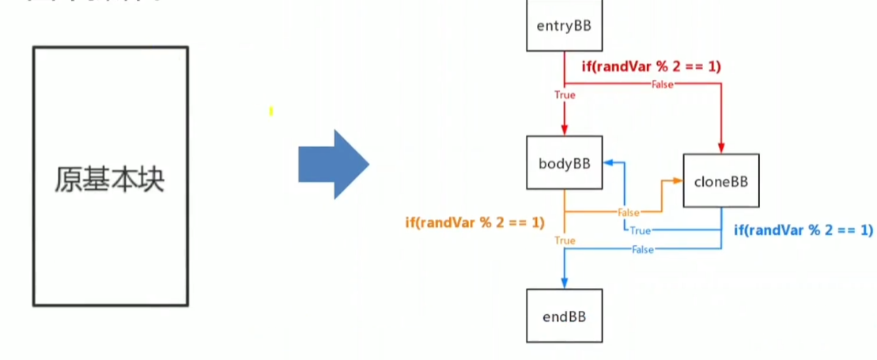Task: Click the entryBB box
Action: pyautogui.click(x=564, y=25)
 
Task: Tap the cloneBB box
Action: pyautogui.click(x=720, y=181)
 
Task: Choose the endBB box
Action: pyautogui.click(x=564, y=315)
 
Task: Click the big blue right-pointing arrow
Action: pyautogui.click(x=333, y=164)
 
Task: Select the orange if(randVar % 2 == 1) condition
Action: pyautogui.click(x=474, y=222)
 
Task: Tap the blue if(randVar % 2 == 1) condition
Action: pyautogui.click(x=803, y=230)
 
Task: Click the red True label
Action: pyautogui.click(x=565, y=95)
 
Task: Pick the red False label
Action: pyautogui.click(x=661, y=83)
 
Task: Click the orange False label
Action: pyautogui.click(x=629, y=212)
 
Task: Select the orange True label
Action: pyautogui.click(x=565, y=240)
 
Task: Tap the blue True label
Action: pyautogui.click(x=640, y=230)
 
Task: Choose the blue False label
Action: pyautogui.click(x=643, y=249)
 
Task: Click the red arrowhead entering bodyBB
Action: pyautogui.click(x=565, y=131)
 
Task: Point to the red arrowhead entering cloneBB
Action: pyautogui.click(x=721, y=148)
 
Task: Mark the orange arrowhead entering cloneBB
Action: pyautogui.click(x=677, y=181)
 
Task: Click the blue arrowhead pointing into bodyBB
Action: pyautogui.click(x=609, y=163)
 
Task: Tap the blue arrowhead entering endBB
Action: pyautogui.click(x=565, y=282)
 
